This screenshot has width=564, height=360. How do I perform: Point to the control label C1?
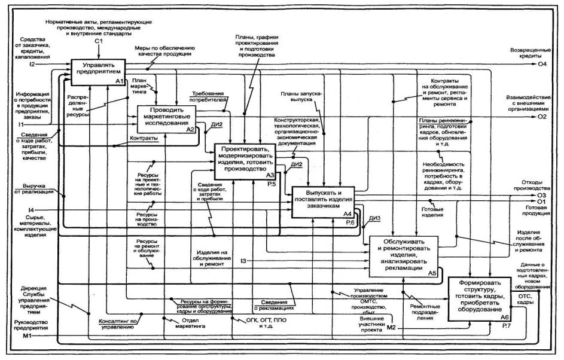(99, 41)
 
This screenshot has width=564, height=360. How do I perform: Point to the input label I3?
(243, 261)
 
